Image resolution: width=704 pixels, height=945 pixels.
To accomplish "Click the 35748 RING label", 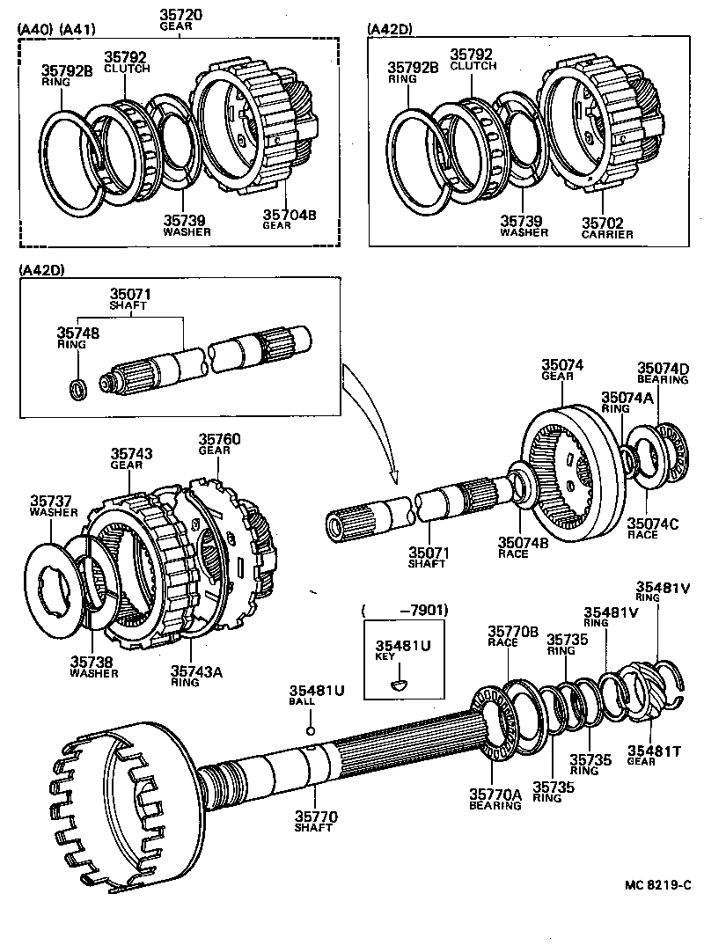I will tap(77, 338).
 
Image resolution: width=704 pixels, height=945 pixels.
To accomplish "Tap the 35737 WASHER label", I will tap(54, 506).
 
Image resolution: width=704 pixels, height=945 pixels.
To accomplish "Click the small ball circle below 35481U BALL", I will tap(310, 729).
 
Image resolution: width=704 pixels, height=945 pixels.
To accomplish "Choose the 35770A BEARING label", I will tap(495, 798).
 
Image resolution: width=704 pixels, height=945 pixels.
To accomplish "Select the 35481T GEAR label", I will tap(652, 755).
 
